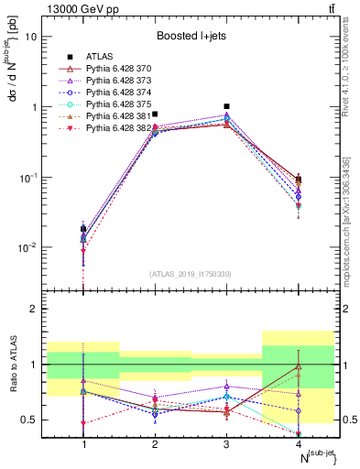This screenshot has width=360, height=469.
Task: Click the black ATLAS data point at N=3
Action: (226, 106)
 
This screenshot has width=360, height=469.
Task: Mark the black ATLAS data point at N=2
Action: (155, 115)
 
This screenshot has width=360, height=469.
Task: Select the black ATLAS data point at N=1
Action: (83, 228)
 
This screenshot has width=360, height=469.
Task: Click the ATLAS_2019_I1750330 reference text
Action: (191, 274)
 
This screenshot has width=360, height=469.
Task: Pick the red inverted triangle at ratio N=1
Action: (83, 424)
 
